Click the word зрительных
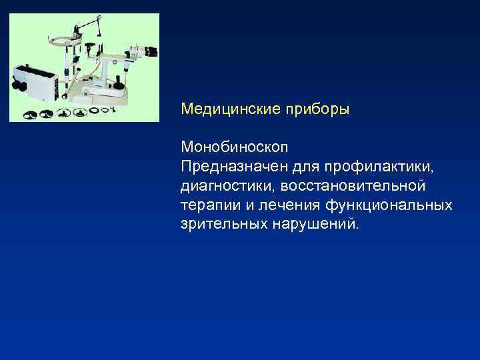click(223, 222)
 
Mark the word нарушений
click(315, 222)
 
